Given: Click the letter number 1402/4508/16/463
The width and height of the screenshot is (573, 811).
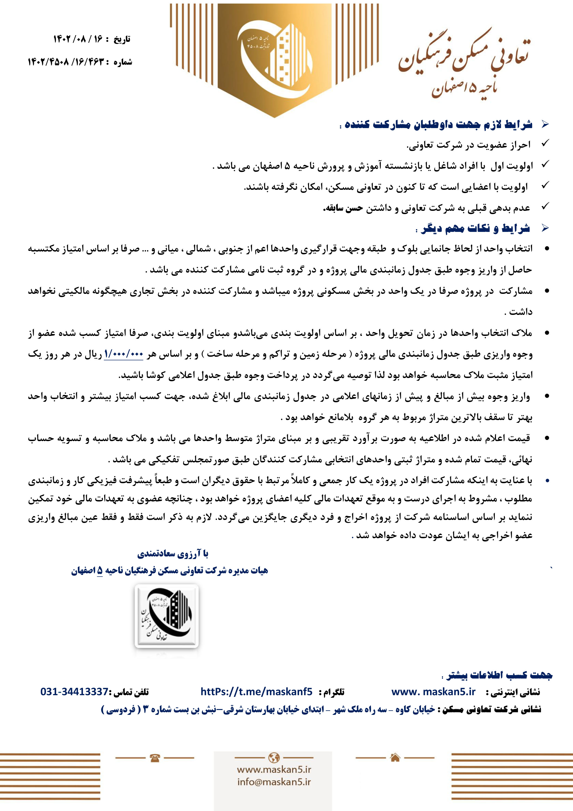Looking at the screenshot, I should click(x=67, y=62).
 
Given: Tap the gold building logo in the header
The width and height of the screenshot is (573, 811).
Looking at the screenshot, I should click(x=275, y=56).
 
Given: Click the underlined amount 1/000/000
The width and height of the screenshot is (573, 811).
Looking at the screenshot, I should click(x=124, y=354).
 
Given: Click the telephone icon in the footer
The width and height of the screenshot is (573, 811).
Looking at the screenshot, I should click(x=155, y=758).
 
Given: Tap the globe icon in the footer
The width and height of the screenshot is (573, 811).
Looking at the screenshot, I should click(x=274, y=757).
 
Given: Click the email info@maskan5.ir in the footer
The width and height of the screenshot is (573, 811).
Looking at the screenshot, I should click(x=274, y=782).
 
